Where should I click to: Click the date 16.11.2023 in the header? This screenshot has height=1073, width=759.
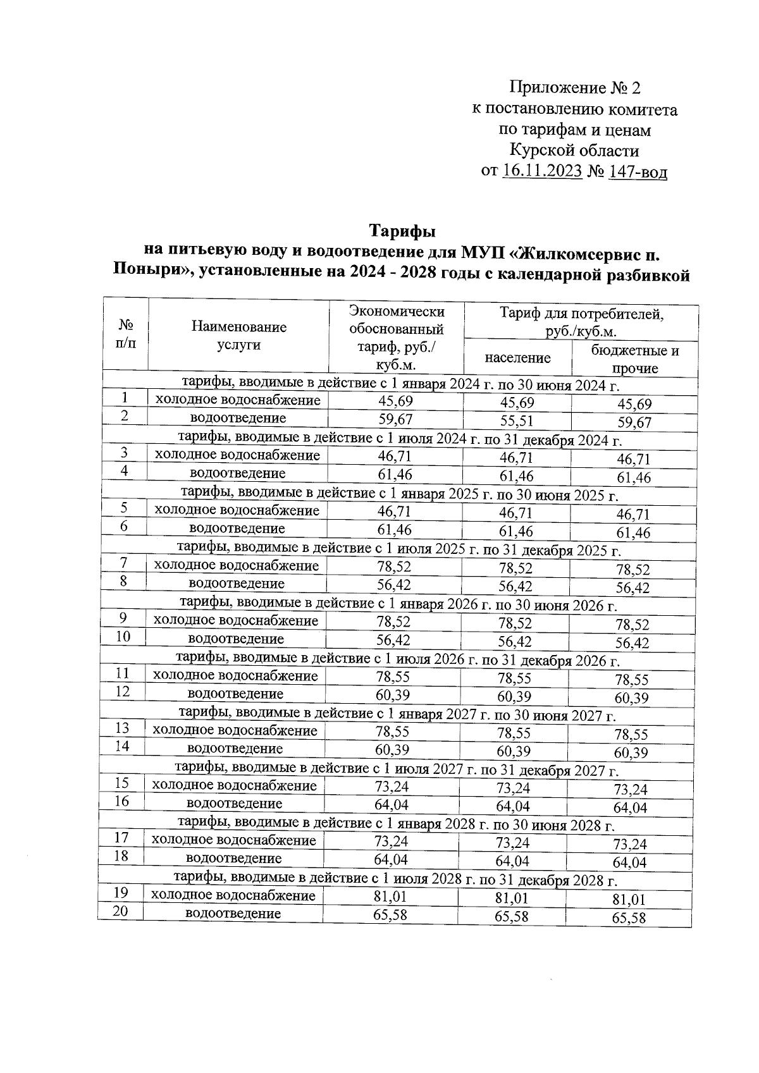(x=542, y=171)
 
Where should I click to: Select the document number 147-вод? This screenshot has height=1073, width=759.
(x=637, y=171)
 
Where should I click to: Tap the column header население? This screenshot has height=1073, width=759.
(x=517, y=358)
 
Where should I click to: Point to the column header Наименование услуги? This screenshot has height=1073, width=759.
(x=238, y=336)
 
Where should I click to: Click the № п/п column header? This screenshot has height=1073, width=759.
(x=126, y=334)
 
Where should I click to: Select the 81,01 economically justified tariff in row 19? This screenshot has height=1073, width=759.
(x=390, y=897)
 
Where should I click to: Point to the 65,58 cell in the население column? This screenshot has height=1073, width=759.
(x=512, y=916)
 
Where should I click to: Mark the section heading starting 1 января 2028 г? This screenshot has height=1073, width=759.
(x=395, y=825)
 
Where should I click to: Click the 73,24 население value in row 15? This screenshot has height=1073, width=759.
(x=513, y=788)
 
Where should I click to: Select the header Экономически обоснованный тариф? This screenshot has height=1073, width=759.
(x=397, y=338)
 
